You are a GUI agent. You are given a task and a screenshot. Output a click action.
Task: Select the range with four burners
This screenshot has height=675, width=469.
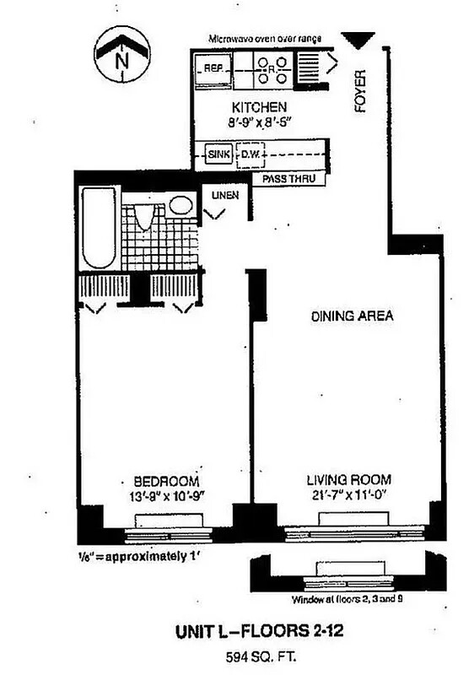[x=272, y=70]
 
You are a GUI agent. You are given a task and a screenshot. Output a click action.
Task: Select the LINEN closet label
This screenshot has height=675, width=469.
[x=225, y=196]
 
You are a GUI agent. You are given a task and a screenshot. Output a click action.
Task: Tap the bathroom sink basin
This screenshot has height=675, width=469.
[x=181, y=205]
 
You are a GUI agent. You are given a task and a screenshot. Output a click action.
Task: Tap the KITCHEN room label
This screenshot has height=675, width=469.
[x=260, y=108]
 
